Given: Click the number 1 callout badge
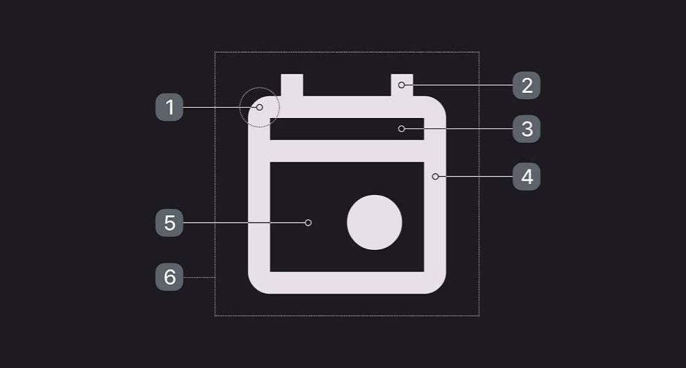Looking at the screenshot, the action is click(x=170, y=107).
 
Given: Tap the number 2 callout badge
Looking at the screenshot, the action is click(x=526, y=85).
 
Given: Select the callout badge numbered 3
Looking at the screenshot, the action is click(x=526, y=129).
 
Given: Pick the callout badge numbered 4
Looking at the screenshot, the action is click(x=526, y=176).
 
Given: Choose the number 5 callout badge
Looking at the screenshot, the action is click(x=170, y=223).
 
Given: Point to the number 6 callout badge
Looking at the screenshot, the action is click(x=170, y=277).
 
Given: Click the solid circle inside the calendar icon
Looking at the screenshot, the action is click(x=375, y=222).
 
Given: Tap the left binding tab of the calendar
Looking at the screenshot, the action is click(x=292, y=85).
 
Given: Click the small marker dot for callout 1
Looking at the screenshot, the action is click(x=259, y=107).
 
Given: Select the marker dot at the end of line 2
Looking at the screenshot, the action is click(x=401, y=85).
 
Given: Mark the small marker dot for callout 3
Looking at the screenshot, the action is click(x=401, y=129).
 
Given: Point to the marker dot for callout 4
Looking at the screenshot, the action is click(x=435, y=176).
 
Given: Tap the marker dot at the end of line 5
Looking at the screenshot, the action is click(x=308, y=223).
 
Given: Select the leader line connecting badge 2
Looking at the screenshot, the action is click(x=458, y=85).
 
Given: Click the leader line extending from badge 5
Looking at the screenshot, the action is click(x=244, y=223).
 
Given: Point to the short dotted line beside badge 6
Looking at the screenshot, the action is click(x=199, y=277).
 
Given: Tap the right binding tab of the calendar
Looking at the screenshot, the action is click(x=402, y=85).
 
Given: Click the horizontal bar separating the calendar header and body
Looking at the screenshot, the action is click(x=347, y=151).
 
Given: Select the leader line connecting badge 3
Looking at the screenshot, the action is click(x=458, y=129).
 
